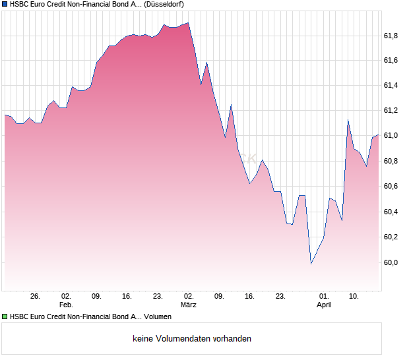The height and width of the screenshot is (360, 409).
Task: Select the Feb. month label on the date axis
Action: click(65, 305)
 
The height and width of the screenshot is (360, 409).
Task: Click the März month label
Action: click(189, 305)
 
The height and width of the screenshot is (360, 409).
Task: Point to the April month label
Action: click(324, 305)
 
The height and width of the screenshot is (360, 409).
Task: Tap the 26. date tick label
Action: click(35, 297)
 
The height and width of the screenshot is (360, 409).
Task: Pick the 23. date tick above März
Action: click(158, 297)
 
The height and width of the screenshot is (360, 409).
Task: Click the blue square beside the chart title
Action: click(5, 5)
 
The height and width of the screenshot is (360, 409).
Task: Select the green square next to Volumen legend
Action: click(5, 317)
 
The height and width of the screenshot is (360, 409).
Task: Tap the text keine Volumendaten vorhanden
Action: click(192, 339)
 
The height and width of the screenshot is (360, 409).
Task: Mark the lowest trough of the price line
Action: click(311, 264)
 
